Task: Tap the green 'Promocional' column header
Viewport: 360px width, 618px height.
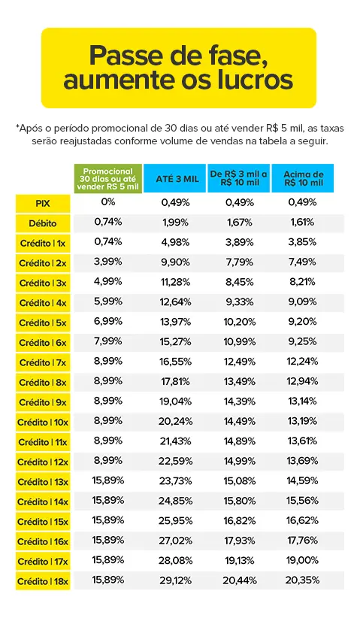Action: point(108,179)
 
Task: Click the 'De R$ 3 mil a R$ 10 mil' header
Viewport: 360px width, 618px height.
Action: point(239,178)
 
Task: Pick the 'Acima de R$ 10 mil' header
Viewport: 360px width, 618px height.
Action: point(303,178)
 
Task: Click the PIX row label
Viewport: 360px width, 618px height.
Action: point(43,204)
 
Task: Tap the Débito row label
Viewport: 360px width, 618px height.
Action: point(43,223)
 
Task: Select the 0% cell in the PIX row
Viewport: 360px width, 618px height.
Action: point(108,202)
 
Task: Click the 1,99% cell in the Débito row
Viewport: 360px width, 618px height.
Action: point(175,223)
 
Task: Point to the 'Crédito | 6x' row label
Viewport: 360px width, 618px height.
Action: point(43,343)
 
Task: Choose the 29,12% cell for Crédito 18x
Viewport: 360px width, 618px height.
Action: point(175,580)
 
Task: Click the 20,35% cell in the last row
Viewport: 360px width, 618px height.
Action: point(302,580)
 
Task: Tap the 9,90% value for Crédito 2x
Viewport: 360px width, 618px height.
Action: point(175,262)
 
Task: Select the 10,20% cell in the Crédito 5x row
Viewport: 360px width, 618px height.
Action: point(240,322)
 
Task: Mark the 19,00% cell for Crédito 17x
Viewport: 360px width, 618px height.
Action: point(302,560)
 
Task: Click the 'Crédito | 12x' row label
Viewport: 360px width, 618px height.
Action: point(43,462)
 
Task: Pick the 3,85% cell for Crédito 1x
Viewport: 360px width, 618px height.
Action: point(302,242)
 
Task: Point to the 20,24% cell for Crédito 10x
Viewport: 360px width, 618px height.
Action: point(175,421)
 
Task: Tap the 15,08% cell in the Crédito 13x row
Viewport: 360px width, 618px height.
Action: point(240,481)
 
